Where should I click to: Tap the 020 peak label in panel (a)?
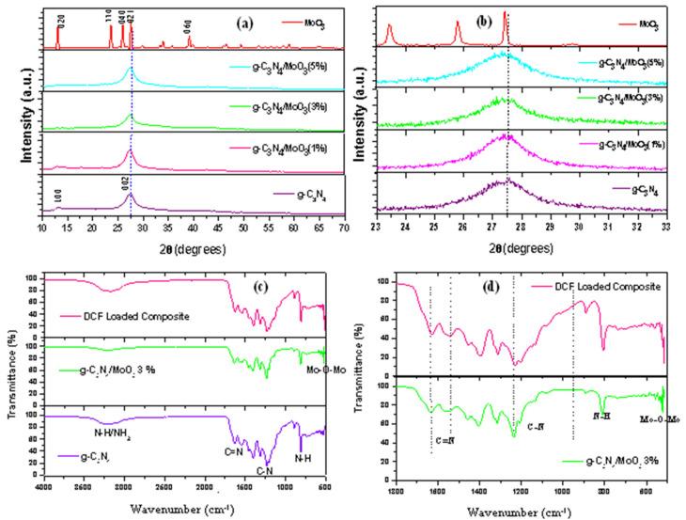click(61, 19)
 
